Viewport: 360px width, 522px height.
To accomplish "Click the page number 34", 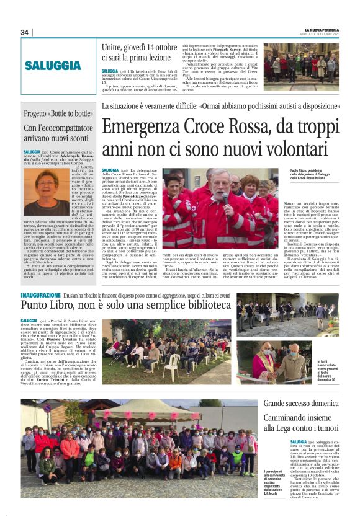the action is point(25,32).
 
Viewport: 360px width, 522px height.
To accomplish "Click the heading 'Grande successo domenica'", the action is point(300,404).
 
